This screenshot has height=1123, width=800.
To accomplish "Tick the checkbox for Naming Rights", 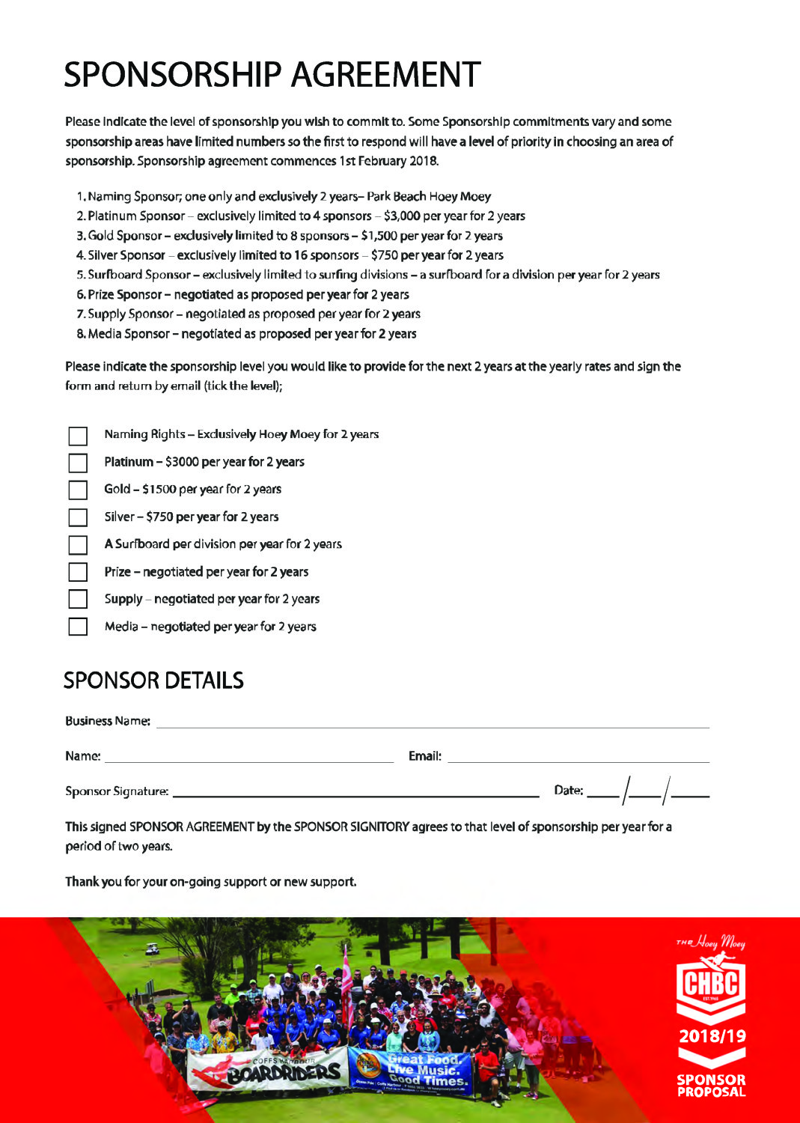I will (78, 436).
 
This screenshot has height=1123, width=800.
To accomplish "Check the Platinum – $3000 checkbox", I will (78, 463).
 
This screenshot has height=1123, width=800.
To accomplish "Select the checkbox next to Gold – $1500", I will (78, 490).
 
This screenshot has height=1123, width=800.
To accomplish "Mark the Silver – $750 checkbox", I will (78, 517).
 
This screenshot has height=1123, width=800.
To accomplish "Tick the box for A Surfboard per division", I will (78, 545).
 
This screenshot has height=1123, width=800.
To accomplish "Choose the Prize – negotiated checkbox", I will (78, 572).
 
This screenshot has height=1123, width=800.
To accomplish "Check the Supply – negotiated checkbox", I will (78, 599).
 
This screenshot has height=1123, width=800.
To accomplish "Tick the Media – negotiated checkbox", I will (78, 627).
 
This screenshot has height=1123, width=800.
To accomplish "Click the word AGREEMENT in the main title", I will (385, 75).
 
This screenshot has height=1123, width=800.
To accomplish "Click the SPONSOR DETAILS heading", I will (153, 681).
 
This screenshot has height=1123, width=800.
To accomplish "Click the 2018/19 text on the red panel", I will (712, 1037).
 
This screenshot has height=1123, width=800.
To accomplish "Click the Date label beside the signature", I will (568, 791).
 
